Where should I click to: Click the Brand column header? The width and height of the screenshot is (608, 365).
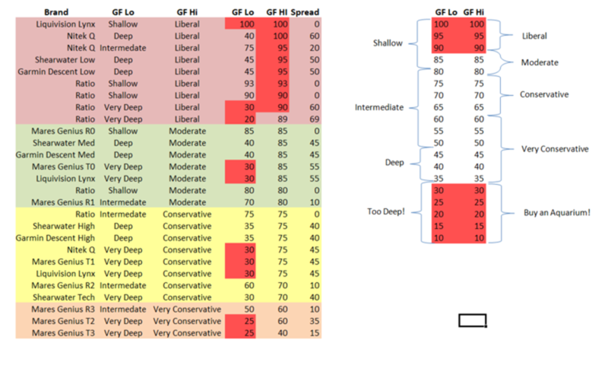57,13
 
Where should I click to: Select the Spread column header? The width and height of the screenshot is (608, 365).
305,13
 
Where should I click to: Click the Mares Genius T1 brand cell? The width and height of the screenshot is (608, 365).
64,262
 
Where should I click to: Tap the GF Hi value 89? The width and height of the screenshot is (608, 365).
281,119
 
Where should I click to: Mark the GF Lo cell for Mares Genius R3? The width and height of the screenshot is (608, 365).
249,309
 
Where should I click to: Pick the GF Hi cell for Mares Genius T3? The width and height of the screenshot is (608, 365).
281,333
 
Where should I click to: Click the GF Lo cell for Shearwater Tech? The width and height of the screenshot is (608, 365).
249,297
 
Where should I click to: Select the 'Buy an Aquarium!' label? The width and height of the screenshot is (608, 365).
557,212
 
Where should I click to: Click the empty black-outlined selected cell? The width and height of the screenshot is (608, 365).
472,321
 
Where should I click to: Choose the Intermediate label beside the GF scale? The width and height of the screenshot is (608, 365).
379,107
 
